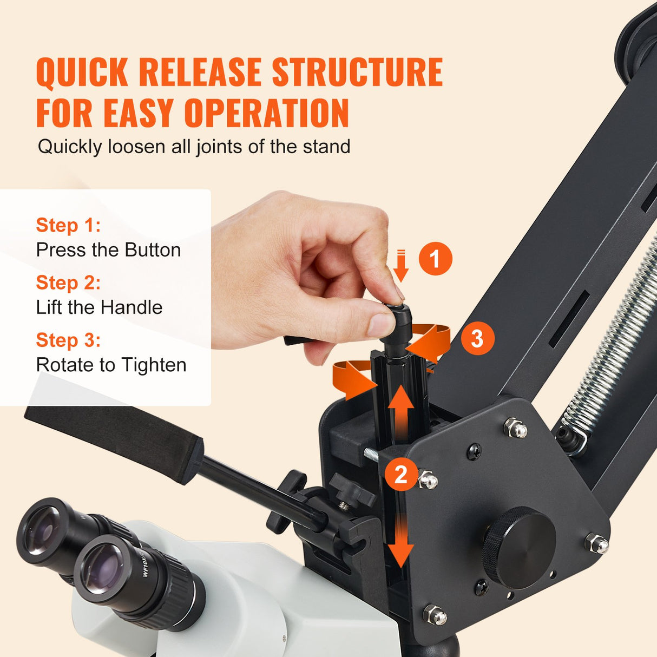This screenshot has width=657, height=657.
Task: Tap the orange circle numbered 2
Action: click(400, 474)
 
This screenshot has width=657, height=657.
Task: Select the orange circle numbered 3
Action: click(477, 339)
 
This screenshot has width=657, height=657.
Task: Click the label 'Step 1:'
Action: click(68, 225)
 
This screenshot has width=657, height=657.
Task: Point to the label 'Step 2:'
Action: click(68, 282)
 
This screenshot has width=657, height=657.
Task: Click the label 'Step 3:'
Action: click(68, 340)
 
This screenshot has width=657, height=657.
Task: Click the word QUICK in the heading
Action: click(82, 73)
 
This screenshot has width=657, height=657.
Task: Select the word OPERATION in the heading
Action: click(267, 113)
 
